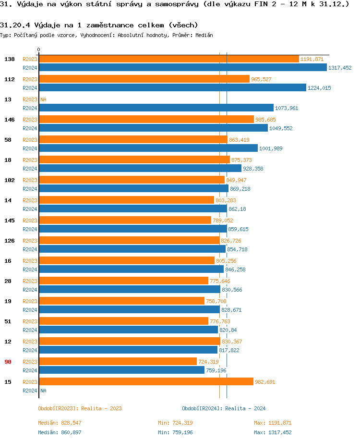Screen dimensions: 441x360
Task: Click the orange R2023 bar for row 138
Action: tap(168, 59)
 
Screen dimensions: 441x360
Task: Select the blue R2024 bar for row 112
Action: tap(172, 87)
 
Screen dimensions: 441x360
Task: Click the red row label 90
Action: tap(8, 362)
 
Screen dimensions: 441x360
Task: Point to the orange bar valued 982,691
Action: tap(146, 381)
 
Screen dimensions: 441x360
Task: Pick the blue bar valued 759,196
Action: tap(121, 370)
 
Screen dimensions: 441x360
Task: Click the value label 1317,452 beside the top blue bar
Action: tap(340, 68)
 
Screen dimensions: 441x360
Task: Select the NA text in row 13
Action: tap(43, 99)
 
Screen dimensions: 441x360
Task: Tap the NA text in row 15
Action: tap(43, 391)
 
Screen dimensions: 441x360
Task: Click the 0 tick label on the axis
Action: tap(39, 49)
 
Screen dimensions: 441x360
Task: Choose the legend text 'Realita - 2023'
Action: tap(101, 408)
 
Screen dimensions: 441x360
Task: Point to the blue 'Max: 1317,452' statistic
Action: tap(273, 432)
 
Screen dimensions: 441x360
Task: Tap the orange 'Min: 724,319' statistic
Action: tap(175, 423)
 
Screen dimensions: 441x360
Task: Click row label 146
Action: tap(10, 120)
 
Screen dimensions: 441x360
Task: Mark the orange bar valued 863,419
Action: tap(133, 139)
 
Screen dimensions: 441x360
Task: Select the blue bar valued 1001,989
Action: tap(148, 148)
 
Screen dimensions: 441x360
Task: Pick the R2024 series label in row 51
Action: tap(30, 330)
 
